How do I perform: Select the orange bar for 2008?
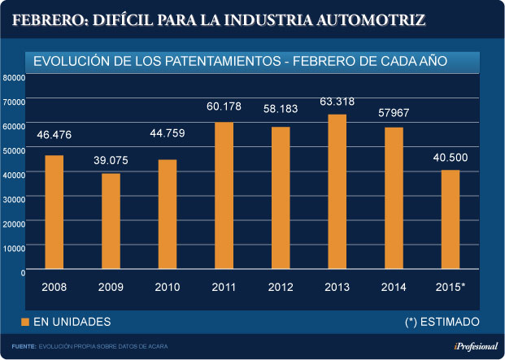click(54, 213)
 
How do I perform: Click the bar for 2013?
click(337, 193)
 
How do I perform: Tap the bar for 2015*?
click(450, 220)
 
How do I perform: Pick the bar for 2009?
click(111, 222)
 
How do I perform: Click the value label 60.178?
click(224, 107)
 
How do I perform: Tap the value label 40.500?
click(450, 157)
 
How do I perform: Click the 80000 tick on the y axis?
click(15, 77)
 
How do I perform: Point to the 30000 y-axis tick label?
click(15, 198)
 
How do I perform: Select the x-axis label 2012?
click(281, 287)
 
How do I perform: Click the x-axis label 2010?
click(168, 287)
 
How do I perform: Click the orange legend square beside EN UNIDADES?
click(25, 322)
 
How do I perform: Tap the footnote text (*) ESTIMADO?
click(442, 322)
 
